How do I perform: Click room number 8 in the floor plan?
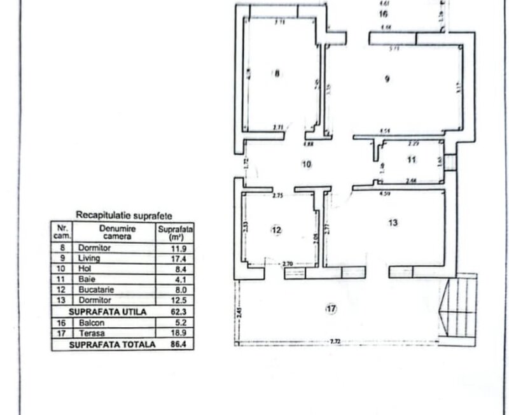(276, 73)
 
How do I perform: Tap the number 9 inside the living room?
(387, 79)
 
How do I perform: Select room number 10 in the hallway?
(307, 164)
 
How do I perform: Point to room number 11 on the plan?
(412, 160)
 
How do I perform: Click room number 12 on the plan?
(275, 229)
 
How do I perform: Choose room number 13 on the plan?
(393, 222)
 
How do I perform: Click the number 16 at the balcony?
(384, 12)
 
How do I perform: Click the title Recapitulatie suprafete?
(123, 216)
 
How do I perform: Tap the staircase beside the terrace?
(461, 309)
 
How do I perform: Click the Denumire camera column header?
(115, 231)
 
